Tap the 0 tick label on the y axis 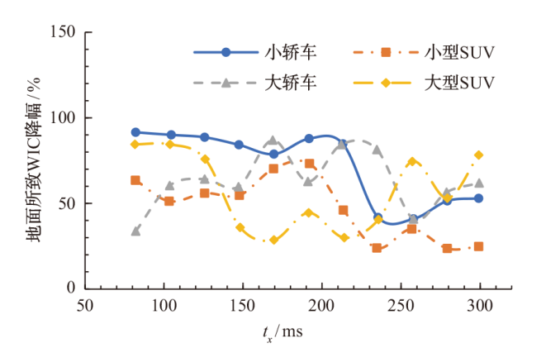(70, 288)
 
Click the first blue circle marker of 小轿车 (135, 132)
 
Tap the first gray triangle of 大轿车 (135, 231)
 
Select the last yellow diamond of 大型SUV (478, 155)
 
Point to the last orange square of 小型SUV (478, 246)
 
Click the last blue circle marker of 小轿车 (478, 198)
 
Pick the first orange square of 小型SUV (135, 180)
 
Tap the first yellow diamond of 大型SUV (135, 145)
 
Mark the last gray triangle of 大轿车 (478, 183)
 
